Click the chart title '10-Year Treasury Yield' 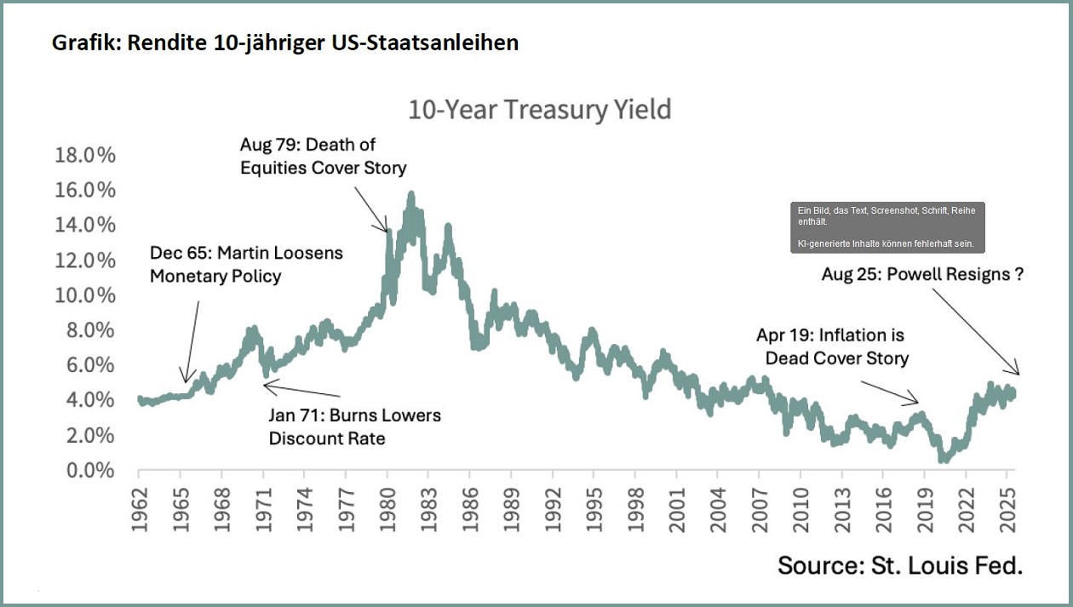tap(539, 111)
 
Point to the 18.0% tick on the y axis tap(85, 156)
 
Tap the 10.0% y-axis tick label tap(85, 296)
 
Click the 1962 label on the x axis tap(141, 511)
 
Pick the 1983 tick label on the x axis tap(428, 511)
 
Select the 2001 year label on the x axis tap(675, 511)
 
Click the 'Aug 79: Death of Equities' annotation tap(323, 156)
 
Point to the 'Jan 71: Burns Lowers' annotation tap(355, 427)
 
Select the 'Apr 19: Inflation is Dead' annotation tap(836, 346)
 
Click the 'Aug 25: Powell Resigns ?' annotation tap(921, 274)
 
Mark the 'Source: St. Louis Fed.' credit tap(899, 564)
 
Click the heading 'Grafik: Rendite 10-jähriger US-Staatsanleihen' tap(285, 43)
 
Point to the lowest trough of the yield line tap(943, 460)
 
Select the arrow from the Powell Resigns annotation tap(974, 331)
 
